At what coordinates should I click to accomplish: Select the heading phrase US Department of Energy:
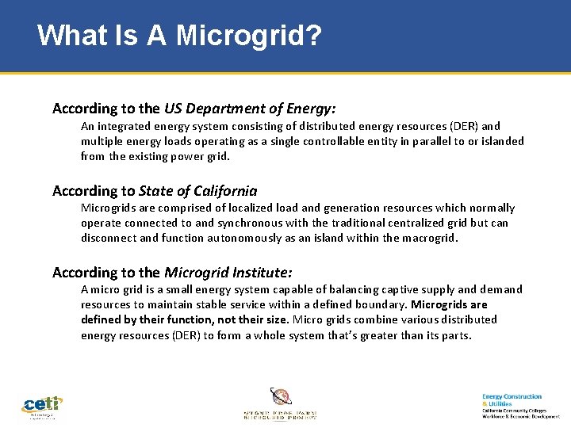[x=250, y=108]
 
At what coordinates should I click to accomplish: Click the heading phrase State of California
[x=197, y=190]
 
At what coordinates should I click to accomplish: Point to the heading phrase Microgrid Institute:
[x=228, y=272]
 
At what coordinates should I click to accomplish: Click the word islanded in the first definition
[x=501, y=141]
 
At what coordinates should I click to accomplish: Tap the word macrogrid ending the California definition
[x=427, y=238]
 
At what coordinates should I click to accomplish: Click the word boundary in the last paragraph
[x=381, y=304]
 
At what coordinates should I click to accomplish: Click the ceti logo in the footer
[x=41, y=406]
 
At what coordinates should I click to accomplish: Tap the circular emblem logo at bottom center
[x=281, y=396]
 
